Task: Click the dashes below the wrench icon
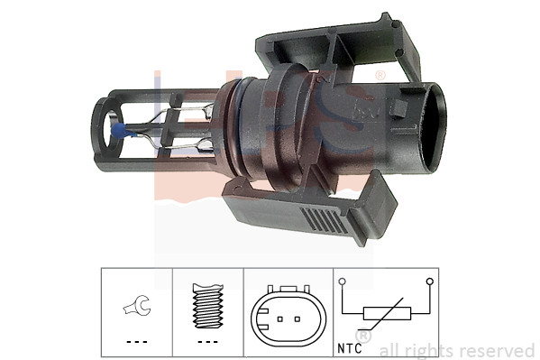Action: point(135,343)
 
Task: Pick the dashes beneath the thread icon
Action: point(208,343)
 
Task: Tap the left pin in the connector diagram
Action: point(279,318)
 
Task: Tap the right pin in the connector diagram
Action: point(297,318)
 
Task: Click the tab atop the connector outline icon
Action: point(288,290)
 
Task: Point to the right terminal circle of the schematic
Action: point(431,282)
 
